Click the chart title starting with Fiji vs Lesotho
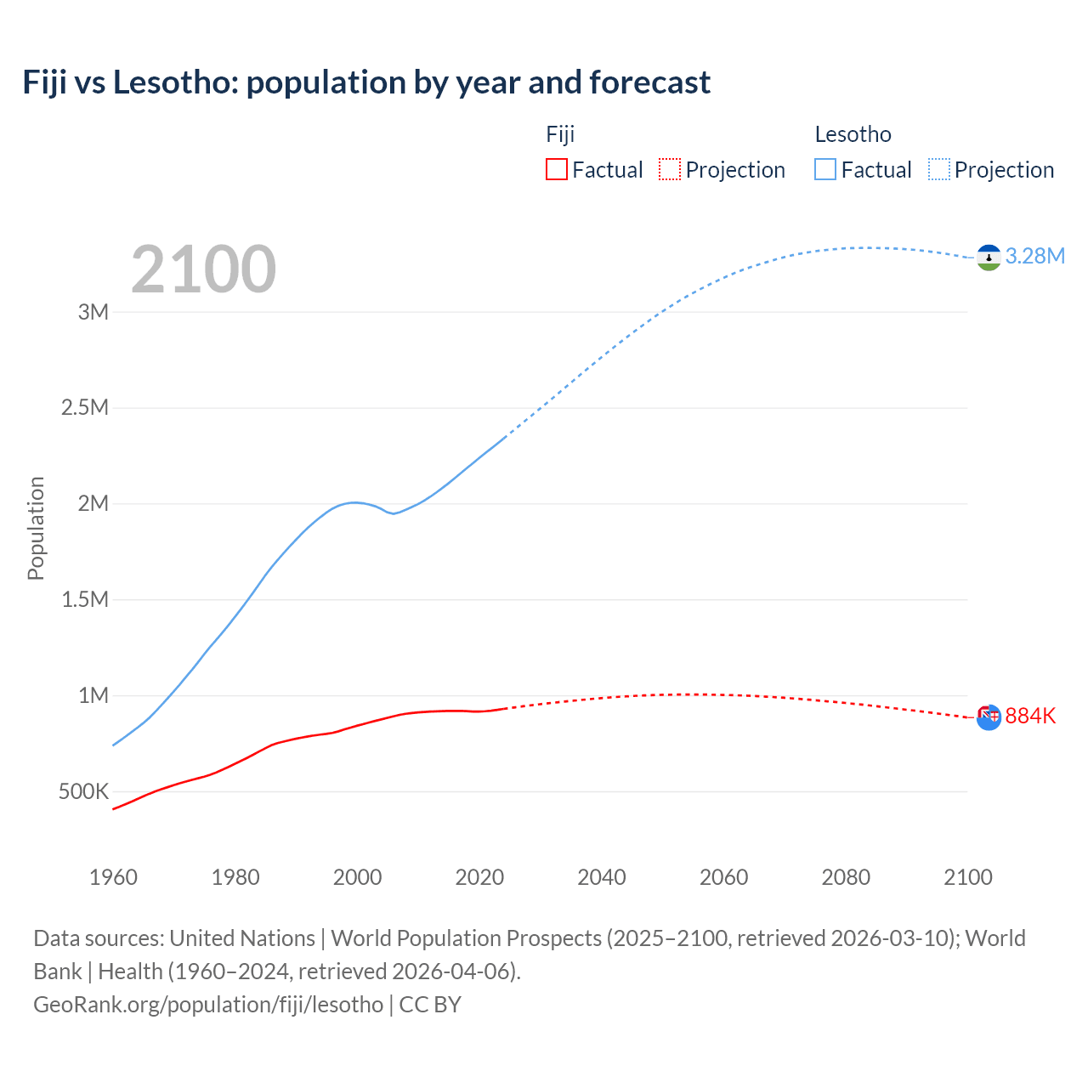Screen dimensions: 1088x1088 point(366,82)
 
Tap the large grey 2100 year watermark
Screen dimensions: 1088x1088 point(203,269)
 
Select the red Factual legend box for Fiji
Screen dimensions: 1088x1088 point(556,170)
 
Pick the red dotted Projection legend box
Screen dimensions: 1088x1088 point(670,170)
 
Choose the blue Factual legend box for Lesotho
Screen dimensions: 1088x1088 point(824,170)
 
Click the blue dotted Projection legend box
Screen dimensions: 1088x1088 point(939,170)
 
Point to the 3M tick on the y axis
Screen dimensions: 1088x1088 point(93,312)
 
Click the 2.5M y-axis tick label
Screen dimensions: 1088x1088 point(85,408)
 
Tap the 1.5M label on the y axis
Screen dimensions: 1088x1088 point(85,600)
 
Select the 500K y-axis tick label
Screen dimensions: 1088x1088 point(83,792)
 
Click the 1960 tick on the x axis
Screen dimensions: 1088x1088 point(113,877)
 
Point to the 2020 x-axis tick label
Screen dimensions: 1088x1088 point(479,877)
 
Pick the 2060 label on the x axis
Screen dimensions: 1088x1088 point(723,877)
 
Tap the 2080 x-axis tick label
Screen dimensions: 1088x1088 point(846,877)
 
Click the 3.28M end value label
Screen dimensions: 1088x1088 point(1034,257)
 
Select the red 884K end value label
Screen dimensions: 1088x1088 point(1030,717)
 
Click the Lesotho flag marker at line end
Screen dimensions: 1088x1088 point(989,258)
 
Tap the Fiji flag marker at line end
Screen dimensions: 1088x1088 point(989,717)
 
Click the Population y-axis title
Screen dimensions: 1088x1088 point(36,528)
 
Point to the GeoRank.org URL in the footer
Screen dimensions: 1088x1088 point(208,1005)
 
